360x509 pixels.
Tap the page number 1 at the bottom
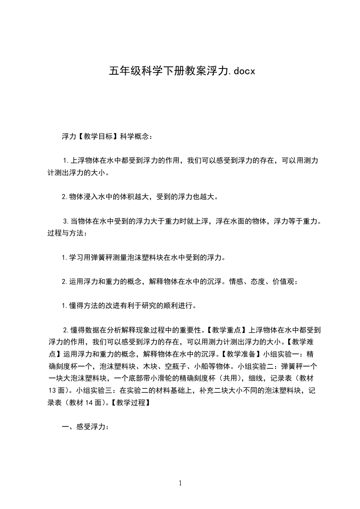pyautogui.click(x=180, y=483)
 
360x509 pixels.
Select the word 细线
pyautogui.click(x=250, y=377)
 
